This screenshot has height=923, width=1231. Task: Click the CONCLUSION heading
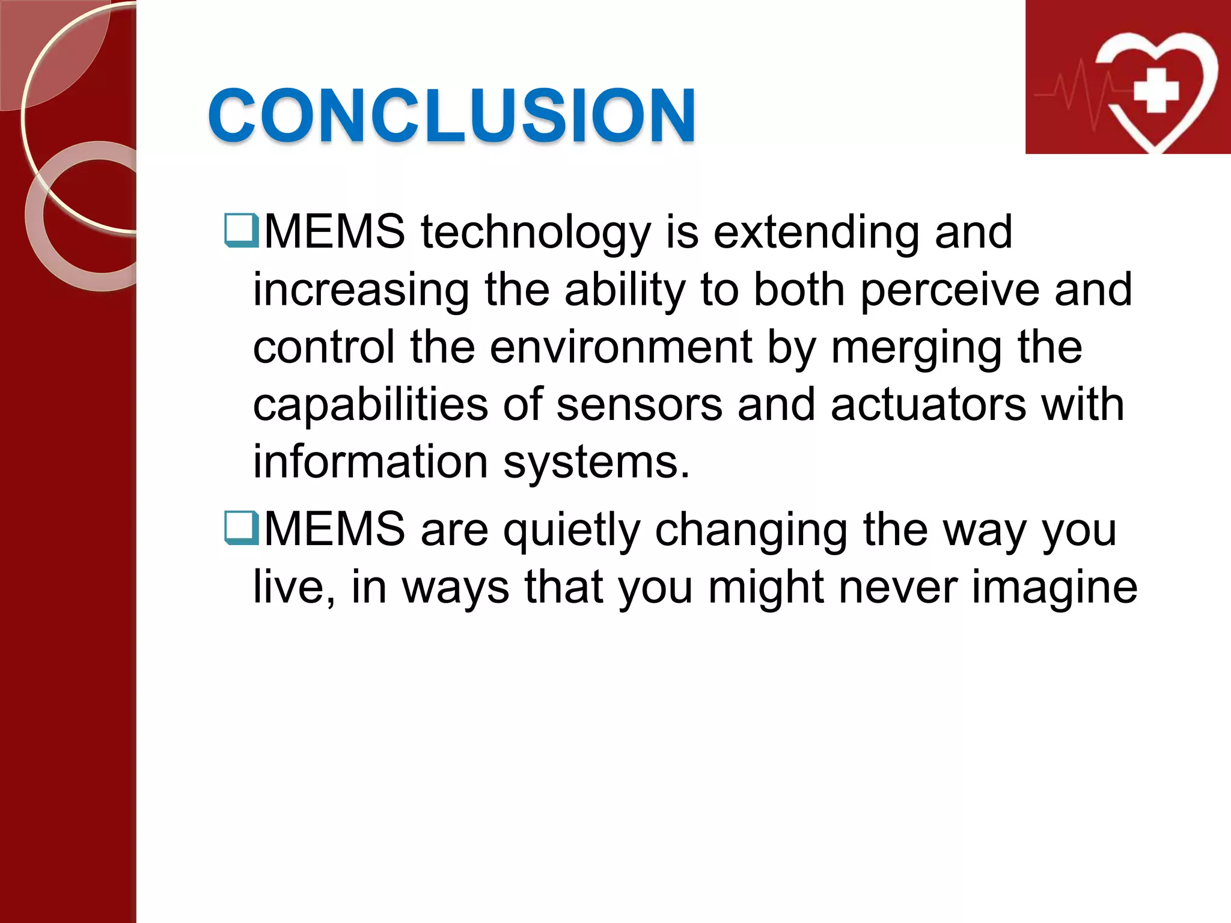pos(451,115)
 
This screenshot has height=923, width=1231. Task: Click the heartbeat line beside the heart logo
pos(1076,93)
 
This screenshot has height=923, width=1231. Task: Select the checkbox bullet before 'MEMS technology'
pos(241,231)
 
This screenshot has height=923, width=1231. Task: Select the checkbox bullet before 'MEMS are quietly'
pos(241,528)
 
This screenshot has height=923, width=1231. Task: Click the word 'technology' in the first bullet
pos(536,232)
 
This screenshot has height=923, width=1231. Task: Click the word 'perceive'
pos(950,290)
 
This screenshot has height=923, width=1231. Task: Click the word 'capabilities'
pos(370,405)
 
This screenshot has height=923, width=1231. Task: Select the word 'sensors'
pos(639,405)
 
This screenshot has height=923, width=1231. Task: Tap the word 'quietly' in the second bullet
pos(572,530)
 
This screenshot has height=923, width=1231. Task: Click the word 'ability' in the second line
pos(625,291)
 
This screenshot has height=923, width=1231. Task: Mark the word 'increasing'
pos(361,291)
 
